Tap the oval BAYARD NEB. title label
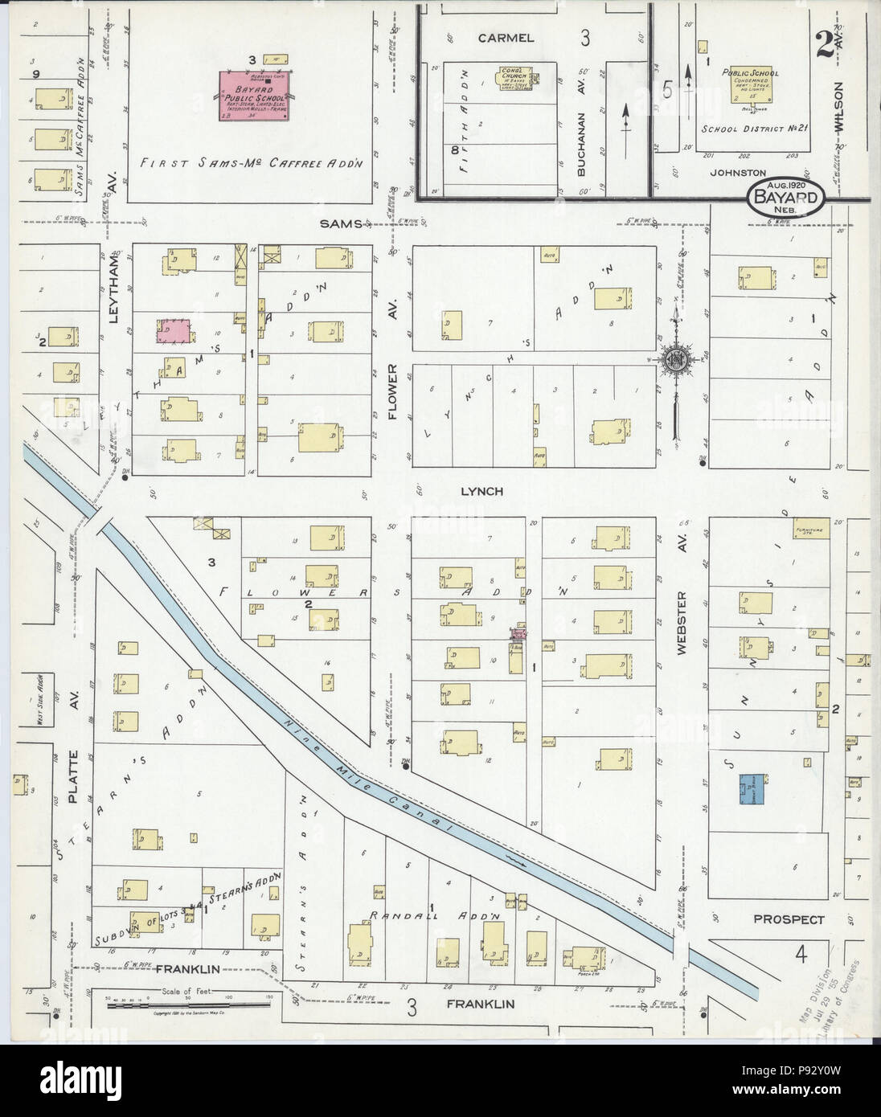click(x=785, y=196)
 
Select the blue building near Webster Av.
click(x=752, y=788)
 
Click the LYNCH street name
click(x=481, y=491)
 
